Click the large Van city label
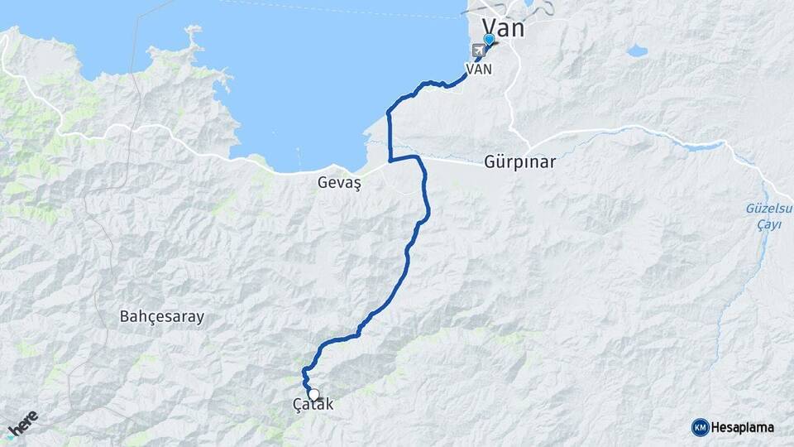point(503,27)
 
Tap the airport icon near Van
point(478,50)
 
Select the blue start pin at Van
point(489,39)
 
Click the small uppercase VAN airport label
point(480,69)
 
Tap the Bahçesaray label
point(162,316)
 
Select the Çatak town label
point(313,405)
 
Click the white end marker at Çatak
point(313,395)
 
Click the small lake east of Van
point(637,51)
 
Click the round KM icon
point(700,427)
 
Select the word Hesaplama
point(743,427)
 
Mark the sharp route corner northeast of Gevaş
point(390,157)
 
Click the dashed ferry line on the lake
point(331,8)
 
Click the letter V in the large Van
point(489,27)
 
